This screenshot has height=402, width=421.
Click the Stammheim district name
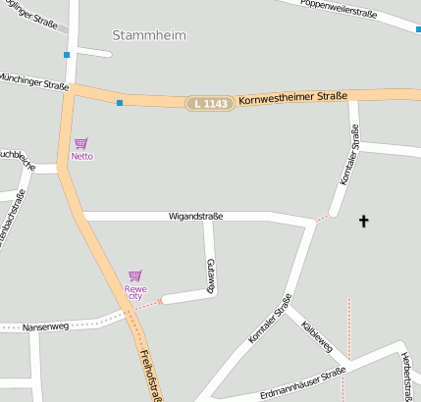pos(149,35)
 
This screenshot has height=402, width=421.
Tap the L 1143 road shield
pos(211,103)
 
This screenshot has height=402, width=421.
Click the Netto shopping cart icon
pos(80,143)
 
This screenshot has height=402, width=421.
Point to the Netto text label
pos(82,156)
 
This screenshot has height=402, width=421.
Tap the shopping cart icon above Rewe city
pos(135,276)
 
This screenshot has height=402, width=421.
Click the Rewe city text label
pos(135,292)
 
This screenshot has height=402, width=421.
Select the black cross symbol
pos(363,221)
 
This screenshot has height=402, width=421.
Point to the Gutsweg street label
pos(210,276)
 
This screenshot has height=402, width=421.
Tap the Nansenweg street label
pos(43,326)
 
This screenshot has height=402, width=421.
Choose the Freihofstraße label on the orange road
pos(150,374)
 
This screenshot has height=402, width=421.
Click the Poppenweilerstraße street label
pos(340,6)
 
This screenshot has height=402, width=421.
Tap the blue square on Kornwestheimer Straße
pos(120,102)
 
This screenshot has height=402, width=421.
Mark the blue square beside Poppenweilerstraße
pos(418,29)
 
